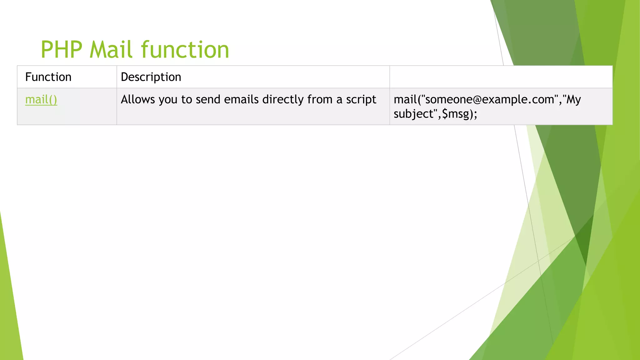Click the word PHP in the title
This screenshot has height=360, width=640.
pos(62,50)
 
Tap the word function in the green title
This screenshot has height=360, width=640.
pos(185,50)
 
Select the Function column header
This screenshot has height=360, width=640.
pos(48,77)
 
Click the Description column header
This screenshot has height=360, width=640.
pos(151,77)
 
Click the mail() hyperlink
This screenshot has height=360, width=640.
pos(41,100)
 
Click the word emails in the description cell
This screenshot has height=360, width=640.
pos(241,99)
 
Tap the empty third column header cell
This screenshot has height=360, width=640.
pos(501,77)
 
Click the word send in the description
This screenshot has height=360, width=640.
pos(208,99)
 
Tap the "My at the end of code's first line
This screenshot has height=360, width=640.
pos(572,99)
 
